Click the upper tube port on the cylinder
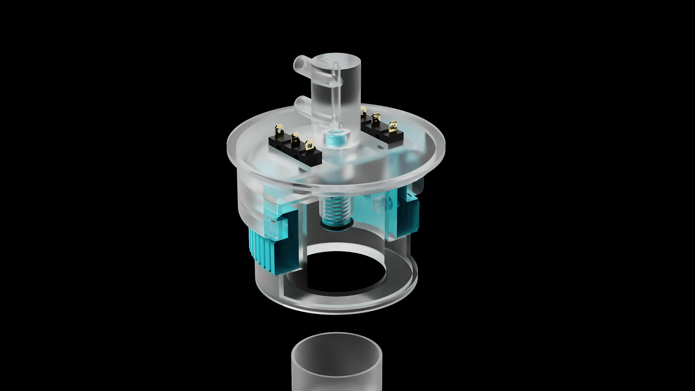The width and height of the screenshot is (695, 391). pos(300,64)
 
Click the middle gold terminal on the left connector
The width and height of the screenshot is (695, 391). pos(295,138)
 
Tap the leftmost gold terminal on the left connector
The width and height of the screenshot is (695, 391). pos(280,130)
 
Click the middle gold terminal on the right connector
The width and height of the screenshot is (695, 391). pos(376,118)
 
